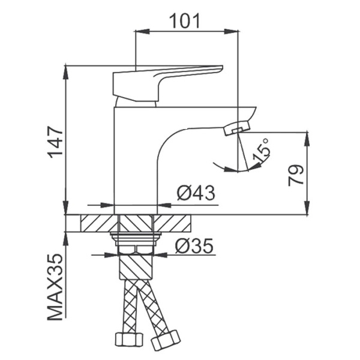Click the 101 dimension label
[185, 21]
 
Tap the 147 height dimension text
[55, 142]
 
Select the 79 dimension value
[296, 175]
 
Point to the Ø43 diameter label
[196, 193]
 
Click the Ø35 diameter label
[194, 245]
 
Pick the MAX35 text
[55, 287]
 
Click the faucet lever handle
[167, 83]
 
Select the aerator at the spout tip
[237, 128]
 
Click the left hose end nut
[128, 340]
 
